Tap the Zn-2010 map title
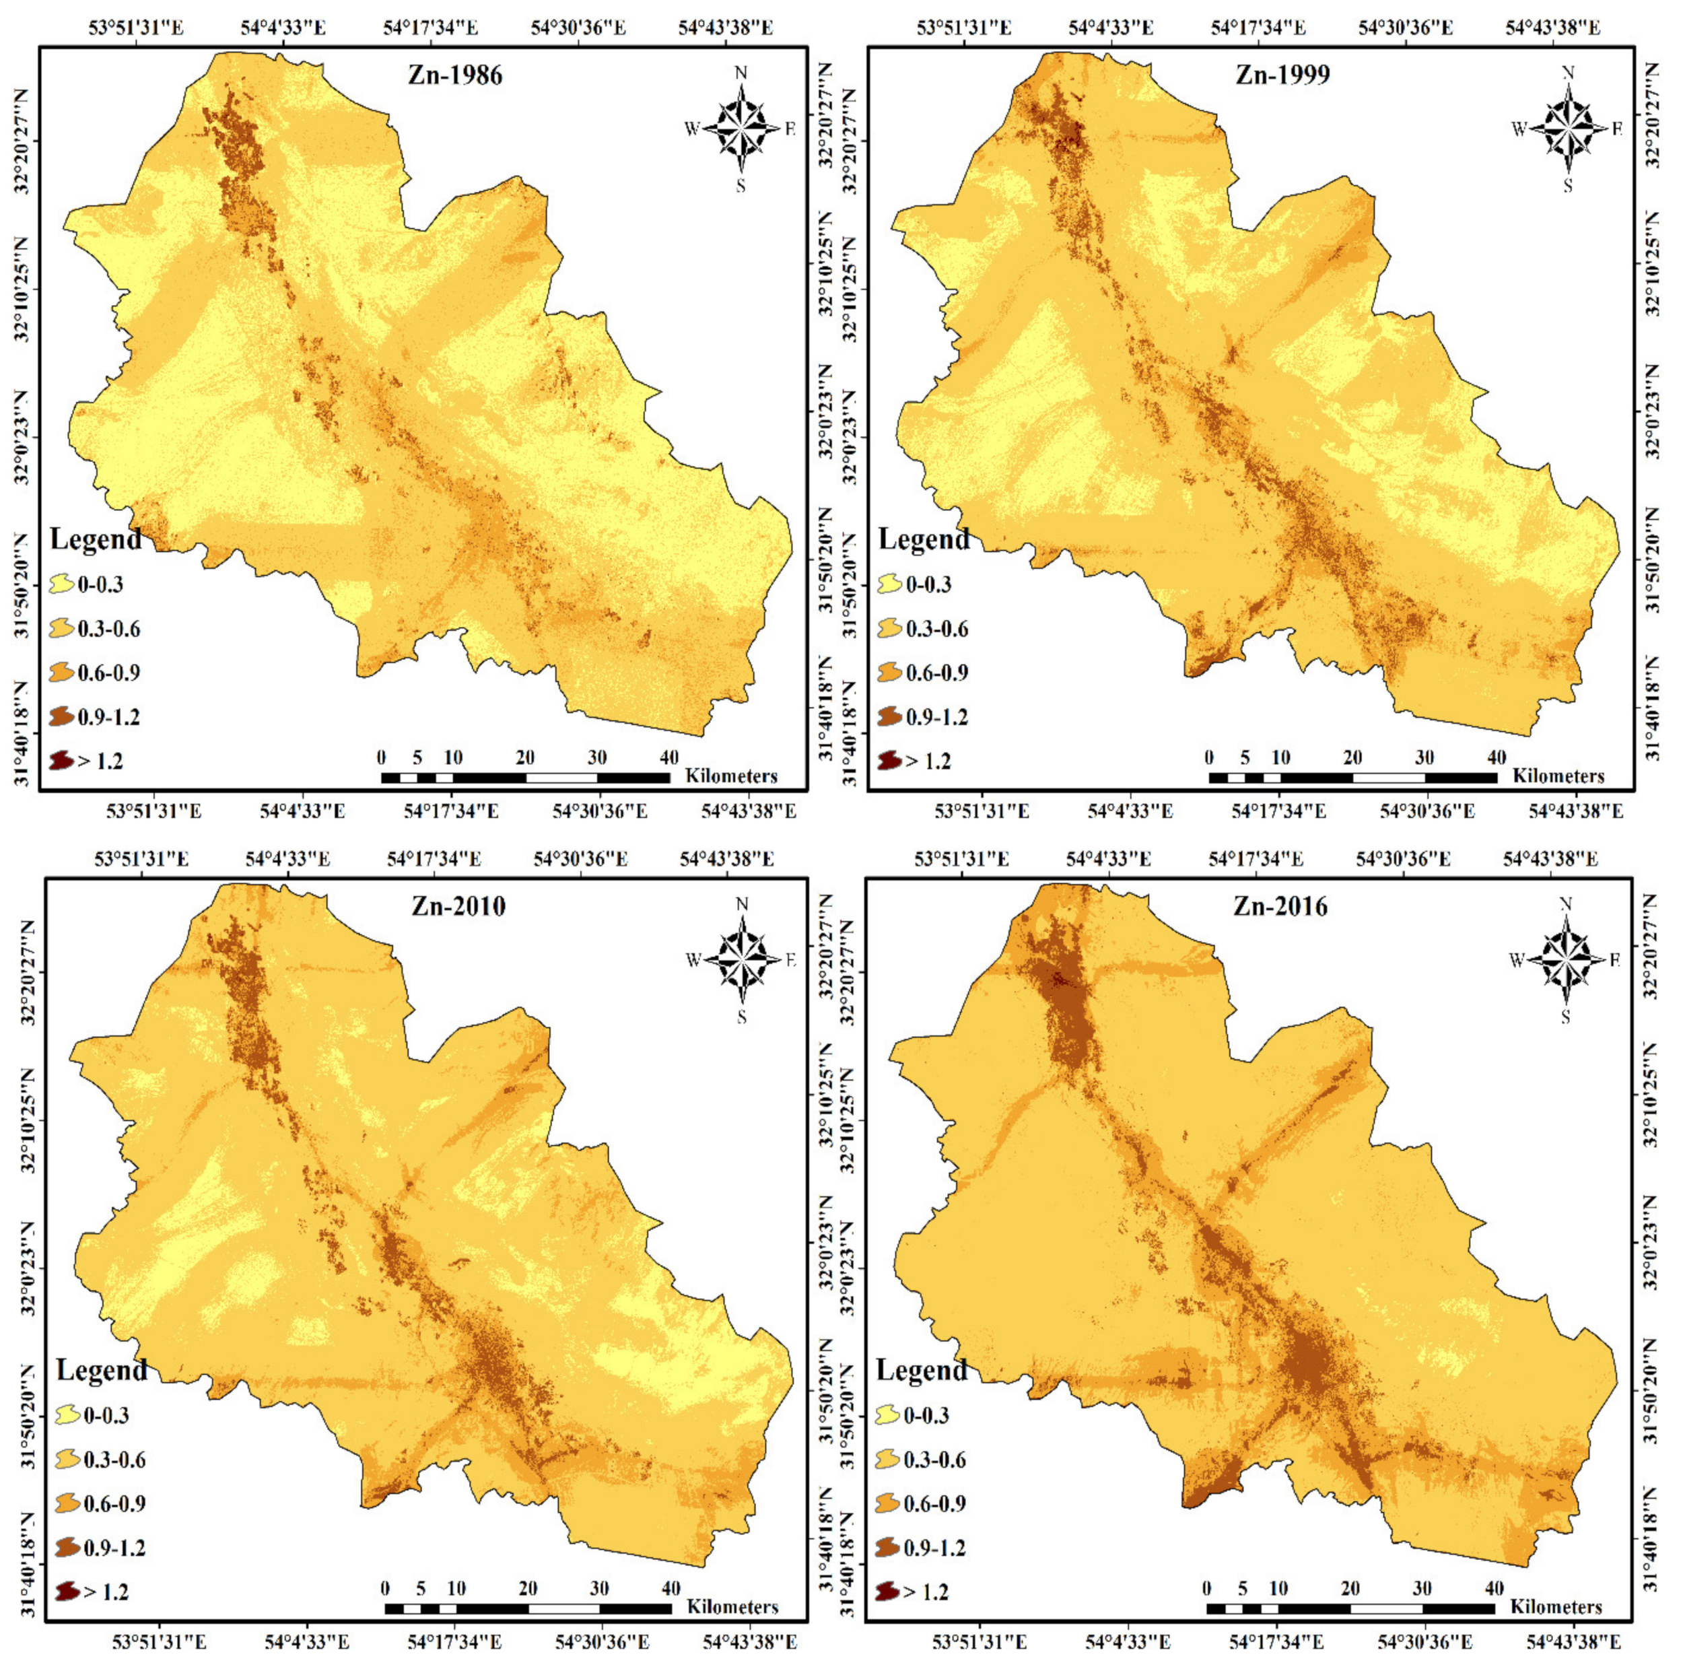click(x=458, y=906)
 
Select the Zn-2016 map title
click(x=1280, y=906)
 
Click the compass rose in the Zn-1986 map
click(x=741, y=129)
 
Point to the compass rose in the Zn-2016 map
click(x=1565, y=960)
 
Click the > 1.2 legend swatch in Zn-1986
click(x=62, y=761)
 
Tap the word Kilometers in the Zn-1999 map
click(x=1558, y=776)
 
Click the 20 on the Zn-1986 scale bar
click(x=524, y=757)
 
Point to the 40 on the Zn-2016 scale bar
click(x=1494, y=1588)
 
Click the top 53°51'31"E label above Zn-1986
click(x=137, y=28)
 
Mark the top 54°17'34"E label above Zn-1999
click(x=1258, y=28)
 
